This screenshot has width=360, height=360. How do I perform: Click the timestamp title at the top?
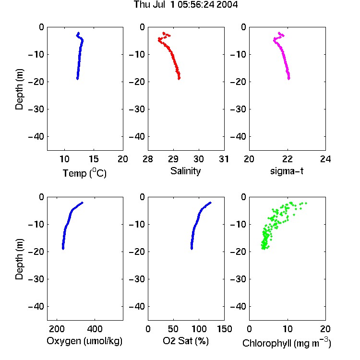click(x=186, y=4)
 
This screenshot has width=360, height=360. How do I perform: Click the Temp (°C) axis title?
click(x=84, y=173)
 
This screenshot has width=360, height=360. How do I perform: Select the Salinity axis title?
click(x=185, y=171)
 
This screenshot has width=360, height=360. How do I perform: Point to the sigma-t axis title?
click(x=287, y=171)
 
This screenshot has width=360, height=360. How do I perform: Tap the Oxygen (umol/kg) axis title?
click(x=84, y=341)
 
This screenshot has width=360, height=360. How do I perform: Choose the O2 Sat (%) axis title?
click(x=186, y=341)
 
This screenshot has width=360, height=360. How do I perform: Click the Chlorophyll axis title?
click(x=287, y=343)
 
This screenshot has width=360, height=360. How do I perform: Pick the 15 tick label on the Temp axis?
click(x=94, y=159)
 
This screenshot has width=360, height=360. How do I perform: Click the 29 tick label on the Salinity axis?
click(x=173, y=159)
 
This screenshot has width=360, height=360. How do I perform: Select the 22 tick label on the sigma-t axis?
click(x=287, y=159)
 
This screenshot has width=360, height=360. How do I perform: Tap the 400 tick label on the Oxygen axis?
click(x=95, y=329)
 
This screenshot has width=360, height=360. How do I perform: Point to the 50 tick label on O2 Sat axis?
click(x=173, y=329)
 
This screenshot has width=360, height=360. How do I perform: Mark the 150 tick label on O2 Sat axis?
click(x=225, y=329)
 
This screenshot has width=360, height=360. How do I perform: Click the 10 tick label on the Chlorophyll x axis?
click(x=287, y=329)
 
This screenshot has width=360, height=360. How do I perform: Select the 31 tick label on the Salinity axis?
click(x=224, y=159)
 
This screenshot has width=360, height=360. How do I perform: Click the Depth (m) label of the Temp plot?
click(x=19, y=89)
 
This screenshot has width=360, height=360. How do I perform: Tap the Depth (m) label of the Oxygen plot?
click(x=19, y=259)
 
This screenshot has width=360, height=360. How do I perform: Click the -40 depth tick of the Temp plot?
click(x=36, y=137)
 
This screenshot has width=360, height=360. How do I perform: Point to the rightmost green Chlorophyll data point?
click(x=306, y=203)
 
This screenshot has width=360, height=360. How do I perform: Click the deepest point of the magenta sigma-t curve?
click(x=289, y=79)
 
